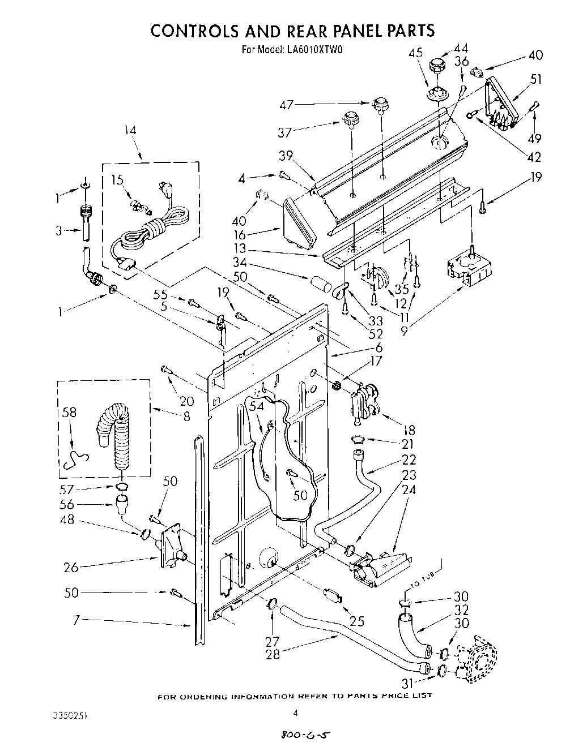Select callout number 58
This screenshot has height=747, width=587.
[x=69, y=413]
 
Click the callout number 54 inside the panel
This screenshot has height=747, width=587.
[x=256, y=406]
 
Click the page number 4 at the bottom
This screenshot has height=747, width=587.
[x=295, y=714]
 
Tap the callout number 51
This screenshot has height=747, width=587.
[x=535, y=79]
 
